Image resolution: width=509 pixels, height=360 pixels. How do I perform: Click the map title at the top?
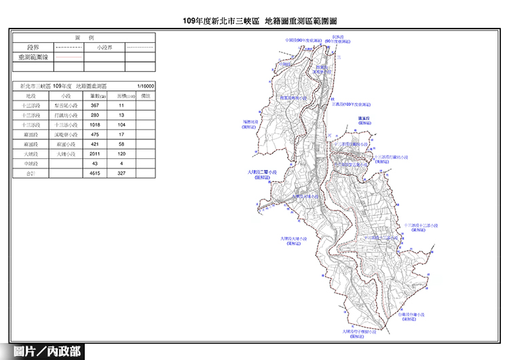[x=254, y=22]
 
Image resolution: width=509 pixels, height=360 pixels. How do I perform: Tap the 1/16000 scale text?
[x=145, y=86]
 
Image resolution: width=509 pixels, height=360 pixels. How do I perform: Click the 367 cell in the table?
[x=95, y=106]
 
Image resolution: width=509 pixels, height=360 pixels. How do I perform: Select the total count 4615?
[x=95, y=174]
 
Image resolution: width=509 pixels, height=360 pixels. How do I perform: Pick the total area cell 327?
[x=121, y=174]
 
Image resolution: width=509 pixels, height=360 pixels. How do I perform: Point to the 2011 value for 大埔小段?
[x=95, y=155]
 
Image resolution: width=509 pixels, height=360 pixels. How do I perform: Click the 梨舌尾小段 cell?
[x=66, y=106]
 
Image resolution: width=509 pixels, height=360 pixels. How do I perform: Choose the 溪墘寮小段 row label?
[x=66, y=135]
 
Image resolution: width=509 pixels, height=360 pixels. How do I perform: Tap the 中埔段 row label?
[x=31, y=164]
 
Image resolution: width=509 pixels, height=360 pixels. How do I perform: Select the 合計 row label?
[x=31, y=174]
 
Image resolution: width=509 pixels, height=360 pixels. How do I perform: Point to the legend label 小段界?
[x=105, y=48]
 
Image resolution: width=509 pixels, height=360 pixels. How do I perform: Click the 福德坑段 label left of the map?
[x=248, y=123]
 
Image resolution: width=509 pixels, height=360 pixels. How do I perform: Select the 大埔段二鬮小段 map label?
[x=261, y=173]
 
